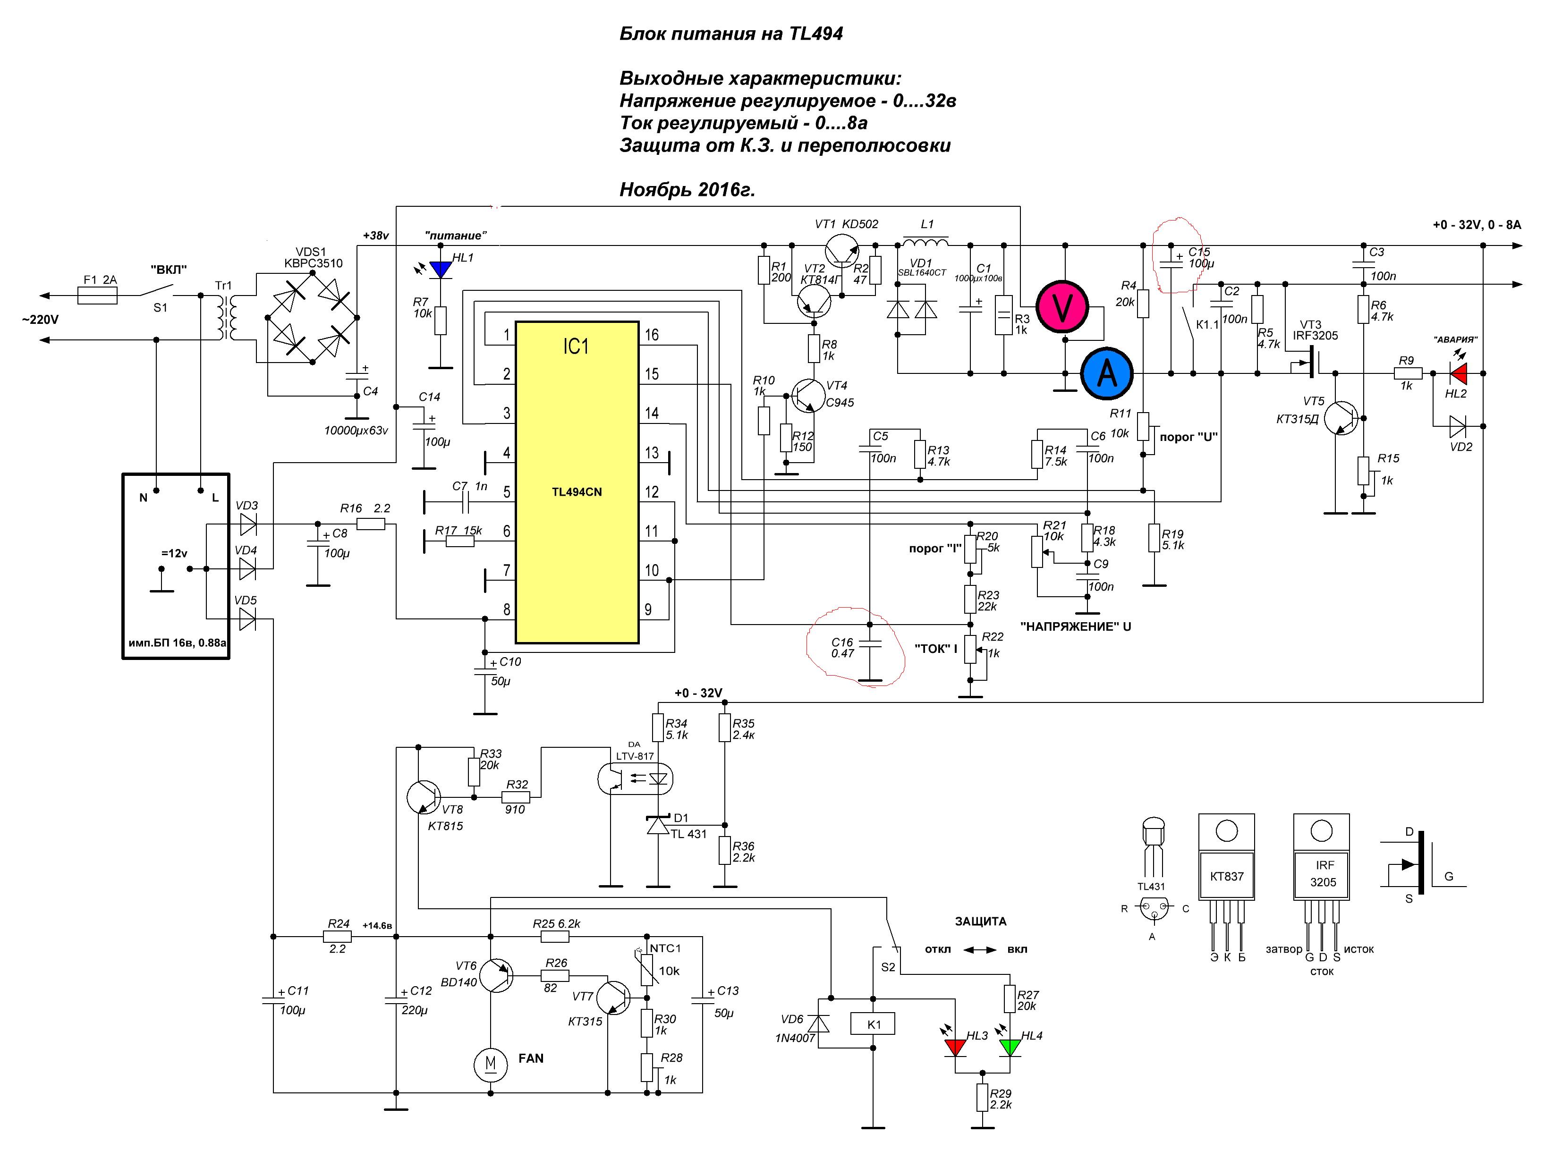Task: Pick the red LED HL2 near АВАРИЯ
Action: click(x=1458, y=374)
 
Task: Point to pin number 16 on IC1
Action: click(x=651, y=335)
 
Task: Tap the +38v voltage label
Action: click(x=375, y=236)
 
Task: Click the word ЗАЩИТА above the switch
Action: click(x=980, y=921)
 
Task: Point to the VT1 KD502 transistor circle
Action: click(x=843, y=251)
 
